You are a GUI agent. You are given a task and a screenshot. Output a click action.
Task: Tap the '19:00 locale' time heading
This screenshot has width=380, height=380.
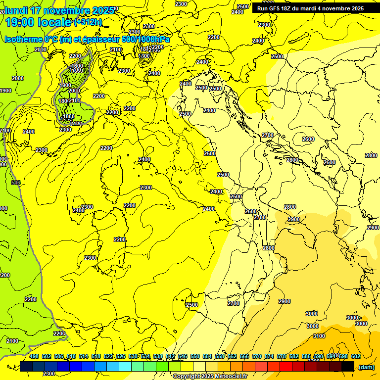click(39, 22)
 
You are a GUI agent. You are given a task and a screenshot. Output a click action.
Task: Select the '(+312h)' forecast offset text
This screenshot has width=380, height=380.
click(88, 22)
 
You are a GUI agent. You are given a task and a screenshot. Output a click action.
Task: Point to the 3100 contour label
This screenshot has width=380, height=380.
click(319, 336)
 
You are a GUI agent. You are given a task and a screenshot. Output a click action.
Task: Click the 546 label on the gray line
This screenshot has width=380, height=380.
click(16, 183)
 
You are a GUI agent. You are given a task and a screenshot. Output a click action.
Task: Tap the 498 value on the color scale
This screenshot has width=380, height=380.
click(34, 356)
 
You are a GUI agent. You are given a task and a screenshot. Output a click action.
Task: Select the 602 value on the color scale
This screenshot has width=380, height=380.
click(355, 356)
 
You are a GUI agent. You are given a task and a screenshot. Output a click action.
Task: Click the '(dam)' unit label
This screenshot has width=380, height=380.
click(366, 367)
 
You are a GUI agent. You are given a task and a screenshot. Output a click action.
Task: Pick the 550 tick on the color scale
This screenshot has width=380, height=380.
click(194, 356)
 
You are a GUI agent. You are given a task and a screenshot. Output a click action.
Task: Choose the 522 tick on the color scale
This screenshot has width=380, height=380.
click(108, 356)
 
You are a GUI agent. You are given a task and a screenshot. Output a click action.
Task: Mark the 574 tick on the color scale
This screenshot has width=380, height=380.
click(269, 356)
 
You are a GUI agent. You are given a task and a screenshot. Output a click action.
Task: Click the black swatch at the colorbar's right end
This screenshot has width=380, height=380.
click(348, 366)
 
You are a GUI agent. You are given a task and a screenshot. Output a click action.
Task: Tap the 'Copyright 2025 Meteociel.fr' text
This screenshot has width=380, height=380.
click(210, 376)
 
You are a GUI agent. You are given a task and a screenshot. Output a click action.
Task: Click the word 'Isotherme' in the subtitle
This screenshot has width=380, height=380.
click(23, 40)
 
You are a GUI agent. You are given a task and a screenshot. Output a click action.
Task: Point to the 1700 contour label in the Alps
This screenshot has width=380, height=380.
click(76, 70)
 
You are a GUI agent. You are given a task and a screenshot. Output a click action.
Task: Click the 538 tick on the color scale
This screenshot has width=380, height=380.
click(157, 356)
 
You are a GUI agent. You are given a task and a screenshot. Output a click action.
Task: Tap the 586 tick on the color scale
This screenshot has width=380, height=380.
click(306, 356)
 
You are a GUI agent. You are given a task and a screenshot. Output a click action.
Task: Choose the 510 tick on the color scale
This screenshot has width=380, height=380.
click(71, 356)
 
